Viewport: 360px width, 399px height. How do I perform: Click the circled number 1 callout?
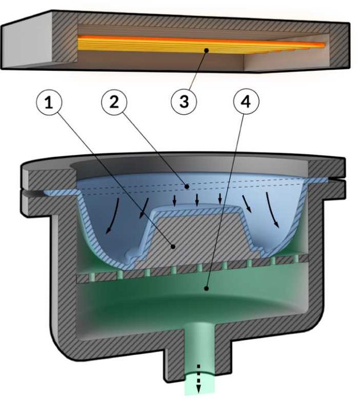tap(49, 103)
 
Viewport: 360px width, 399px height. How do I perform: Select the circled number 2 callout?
tap(114, 102)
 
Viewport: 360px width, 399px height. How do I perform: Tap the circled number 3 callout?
tap(184, 102)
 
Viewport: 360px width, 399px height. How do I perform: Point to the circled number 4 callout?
tap(246, 102)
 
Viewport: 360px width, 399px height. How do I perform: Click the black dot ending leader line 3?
tap(207, 50)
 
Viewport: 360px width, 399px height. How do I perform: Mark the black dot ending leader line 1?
tap(173, 247)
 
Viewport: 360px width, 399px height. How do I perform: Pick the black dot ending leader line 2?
tap(187, 187)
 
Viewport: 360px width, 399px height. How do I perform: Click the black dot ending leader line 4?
tap(207, 289)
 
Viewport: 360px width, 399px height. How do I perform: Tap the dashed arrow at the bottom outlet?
tap(199, 379)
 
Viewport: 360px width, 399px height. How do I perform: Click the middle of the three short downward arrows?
tap(197, 200)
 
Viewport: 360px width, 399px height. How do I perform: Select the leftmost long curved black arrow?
tap(112, 216)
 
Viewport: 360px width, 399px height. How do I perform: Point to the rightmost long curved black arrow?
tap(273, 209)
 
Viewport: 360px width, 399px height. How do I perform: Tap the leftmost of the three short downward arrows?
tap(175, 200)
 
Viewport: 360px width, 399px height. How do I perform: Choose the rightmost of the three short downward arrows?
tap(220, 199)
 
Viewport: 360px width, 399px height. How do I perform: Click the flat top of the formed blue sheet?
tap(197, 207)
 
